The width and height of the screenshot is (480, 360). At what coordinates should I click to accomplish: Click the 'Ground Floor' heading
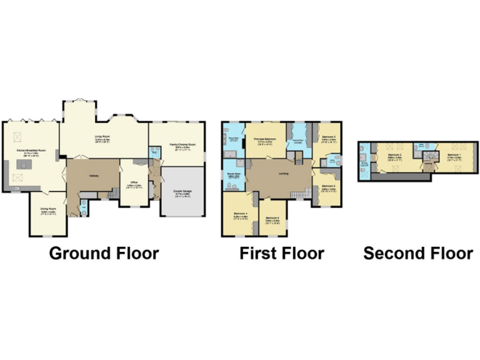tap(104, 253)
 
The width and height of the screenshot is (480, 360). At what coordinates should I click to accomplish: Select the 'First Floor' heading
tap(282, 253)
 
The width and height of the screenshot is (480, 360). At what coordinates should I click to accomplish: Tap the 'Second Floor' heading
tap(418, 253)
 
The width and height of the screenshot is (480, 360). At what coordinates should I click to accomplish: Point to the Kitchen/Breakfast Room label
tap(31, 151)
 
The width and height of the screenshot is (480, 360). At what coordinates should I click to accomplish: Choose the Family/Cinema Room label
tap(179, 146)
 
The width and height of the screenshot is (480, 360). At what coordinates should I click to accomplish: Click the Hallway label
tap(93, 176)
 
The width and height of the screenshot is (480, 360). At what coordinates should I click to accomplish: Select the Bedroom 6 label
tap(272, 218)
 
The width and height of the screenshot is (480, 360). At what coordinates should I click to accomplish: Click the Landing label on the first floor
tap(282, 173)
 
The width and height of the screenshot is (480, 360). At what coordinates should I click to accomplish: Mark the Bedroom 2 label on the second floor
tap(394, 154)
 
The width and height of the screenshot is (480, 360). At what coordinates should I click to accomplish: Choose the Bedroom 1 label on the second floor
tap(454, 154)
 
